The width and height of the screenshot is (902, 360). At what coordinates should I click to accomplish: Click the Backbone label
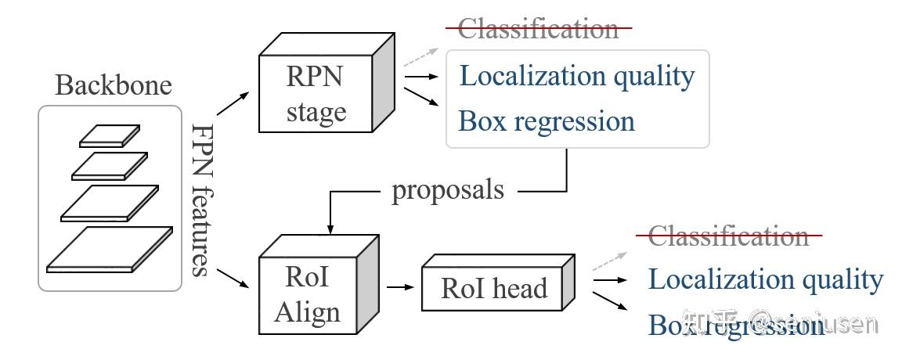[x=114, y=85]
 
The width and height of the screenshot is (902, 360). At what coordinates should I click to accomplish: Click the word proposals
[x=448, y=190]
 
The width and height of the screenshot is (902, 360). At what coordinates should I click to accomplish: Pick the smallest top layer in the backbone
[x=109, y=135]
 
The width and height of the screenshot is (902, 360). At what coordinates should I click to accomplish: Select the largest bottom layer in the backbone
[x=110, y=249]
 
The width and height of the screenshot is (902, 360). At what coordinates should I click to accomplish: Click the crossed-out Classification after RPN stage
[x=538, y=29]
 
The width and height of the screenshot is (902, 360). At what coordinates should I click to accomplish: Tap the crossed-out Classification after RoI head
[x=728, y=235]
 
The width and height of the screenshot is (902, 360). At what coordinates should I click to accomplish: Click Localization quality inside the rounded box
[x=576, y=76]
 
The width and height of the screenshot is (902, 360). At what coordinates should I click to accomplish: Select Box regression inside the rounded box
[x=546, y=121]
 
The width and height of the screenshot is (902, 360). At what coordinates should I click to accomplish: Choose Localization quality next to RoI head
[x=765, y=279]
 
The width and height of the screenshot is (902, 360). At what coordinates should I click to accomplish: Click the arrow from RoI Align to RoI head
[x=399, y=287]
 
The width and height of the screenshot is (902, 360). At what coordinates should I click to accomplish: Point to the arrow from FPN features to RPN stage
[x=233, y=103]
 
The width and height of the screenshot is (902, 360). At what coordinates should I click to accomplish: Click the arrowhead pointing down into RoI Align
[x=330, y=228]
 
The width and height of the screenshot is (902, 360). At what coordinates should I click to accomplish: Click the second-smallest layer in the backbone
[x=109, y=165]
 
